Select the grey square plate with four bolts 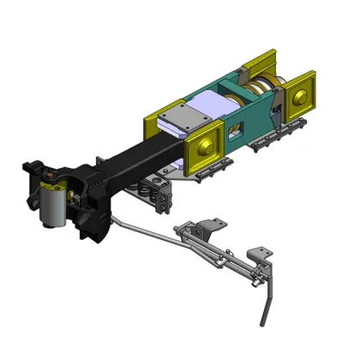pos(183,116)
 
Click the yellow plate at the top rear pos(257,64)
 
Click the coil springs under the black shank pos(159,200)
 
